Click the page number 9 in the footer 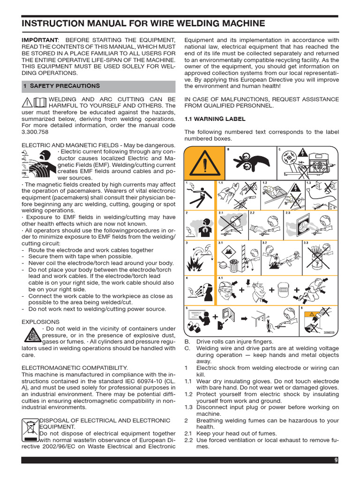336,460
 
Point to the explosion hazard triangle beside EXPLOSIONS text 31,336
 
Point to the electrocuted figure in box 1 199,196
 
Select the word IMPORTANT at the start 39,40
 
